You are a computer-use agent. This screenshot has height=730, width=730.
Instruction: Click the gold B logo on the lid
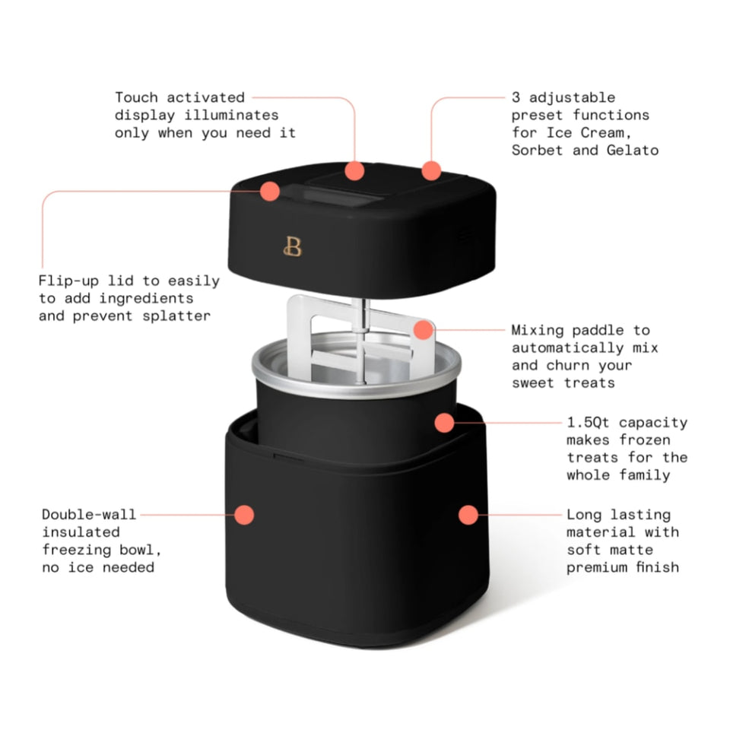pyautogui.click(x=293, y=246)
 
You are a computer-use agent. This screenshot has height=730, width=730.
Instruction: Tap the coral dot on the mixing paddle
pyautogui.click(x=424, y=329)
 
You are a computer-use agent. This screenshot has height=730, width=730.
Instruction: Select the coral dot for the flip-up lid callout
pyautogui.click(x=269, y=192)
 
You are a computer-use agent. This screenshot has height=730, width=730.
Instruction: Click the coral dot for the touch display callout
pyautogui.click(x=355, y=171)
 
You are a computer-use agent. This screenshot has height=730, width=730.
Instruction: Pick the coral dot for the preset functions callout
pyautogui.click(x=431, y=171)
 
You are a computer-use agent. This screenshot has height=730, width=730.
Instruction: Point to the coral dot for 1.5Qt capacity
pyautogui.click(x=444, y=423)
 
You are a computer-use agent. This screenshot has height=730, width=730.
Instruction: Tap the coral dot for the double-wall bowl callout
pyautogui.click(x=244, y=515)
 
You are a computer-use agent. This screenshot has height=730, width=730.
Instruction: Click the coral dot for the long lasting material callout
pyautogui.click(x=468, y=515)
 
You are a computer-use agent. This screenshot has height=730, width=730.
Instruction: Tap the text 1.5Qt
pyautogui.click(x=588, y=422)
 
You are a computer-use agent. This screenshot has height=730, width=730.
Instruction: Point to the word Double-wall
pyautogui.click(x=89, y=515)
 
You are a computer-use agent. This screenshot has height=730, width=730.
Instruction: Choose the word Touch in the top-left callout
pyautogui.click(x=136, y=97)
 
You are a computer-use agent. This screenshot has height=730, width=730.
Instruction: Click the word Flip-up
pyautogui.click(x=68, y=281)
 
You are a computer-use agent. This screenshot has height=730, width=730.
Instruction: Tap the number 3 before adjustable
pyautogui.click(x=516, y=97)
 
